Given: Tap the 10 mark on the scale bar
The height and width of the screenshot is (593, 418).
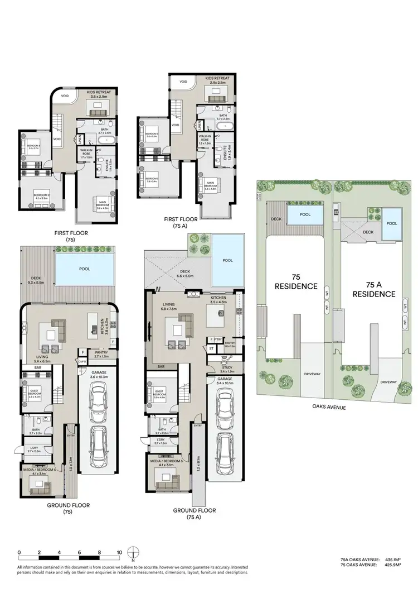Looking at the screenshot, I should pos(119,552).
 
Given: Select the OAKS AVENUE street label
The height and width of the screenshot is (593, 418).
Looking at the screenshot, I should pos(330,408).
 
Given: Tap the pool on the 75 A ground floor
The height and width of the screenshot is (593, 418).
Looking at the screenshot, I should pos(227,260).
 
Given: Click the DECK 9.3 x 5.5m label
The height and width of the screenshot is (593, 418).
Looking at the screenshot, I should pos(37,280).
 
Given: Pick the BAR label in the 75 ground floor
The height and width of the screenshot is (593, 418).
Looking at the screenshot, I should pos(38,368).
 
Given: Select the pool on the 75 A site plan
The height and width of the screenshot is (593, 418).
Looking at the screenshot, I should pos(392,223).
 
